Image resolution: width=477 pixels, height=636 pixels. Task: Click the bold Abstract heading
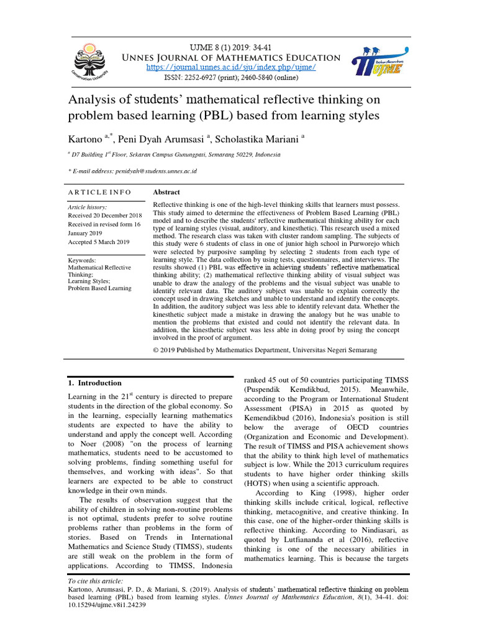pyautogui.click(x=166, y=193)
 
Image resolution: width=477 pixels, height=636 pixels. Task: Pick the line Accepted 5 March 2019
pyautogui.click(x=98, y=242)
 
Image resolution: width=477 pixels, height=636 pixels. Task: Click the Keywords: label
pyautogui.click(x=82, y=261)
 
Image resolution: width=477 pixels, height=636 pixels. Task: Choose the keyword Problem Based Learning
pyautogui.click(x=99, y=288)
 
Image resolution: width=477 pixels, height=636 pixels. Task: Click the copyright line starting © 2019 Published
pyautogui.click(x=265, y=350)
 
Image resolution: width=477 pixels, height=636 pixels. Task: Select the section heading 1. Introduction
pyautogui.click(x=94, y=383)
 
